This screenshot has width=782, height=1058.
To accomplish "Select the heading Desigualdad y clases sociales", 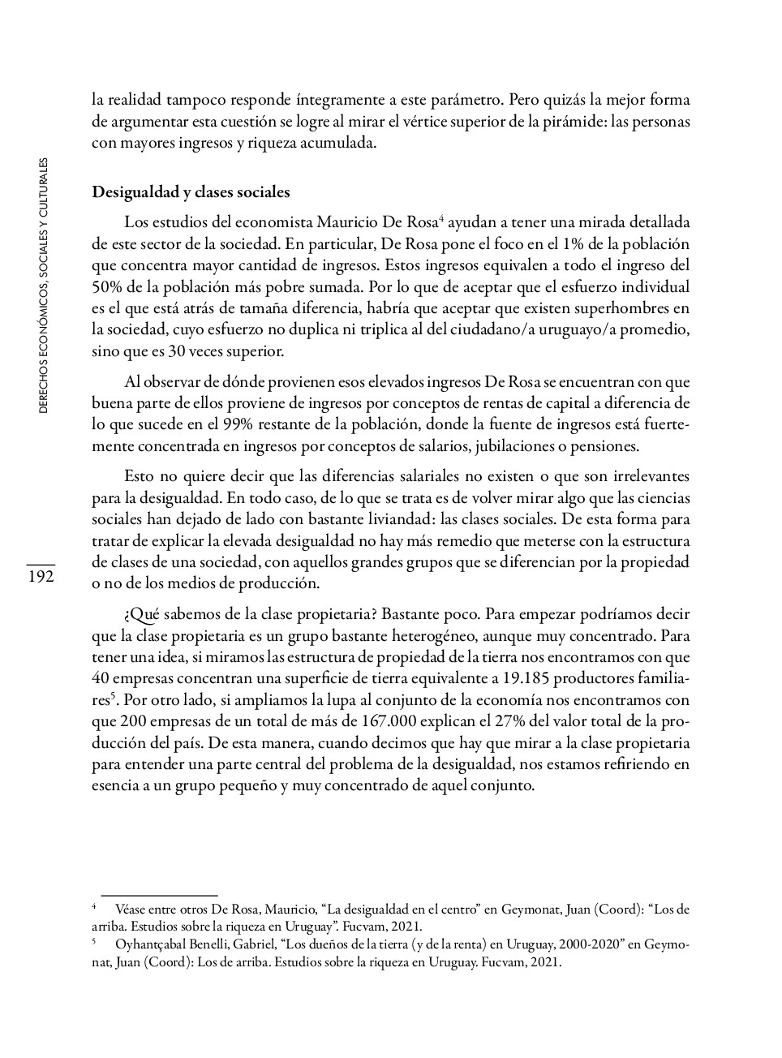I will coord(191,192).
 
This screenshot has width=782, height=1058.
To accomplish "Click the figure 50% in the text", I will coord(107,286).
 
